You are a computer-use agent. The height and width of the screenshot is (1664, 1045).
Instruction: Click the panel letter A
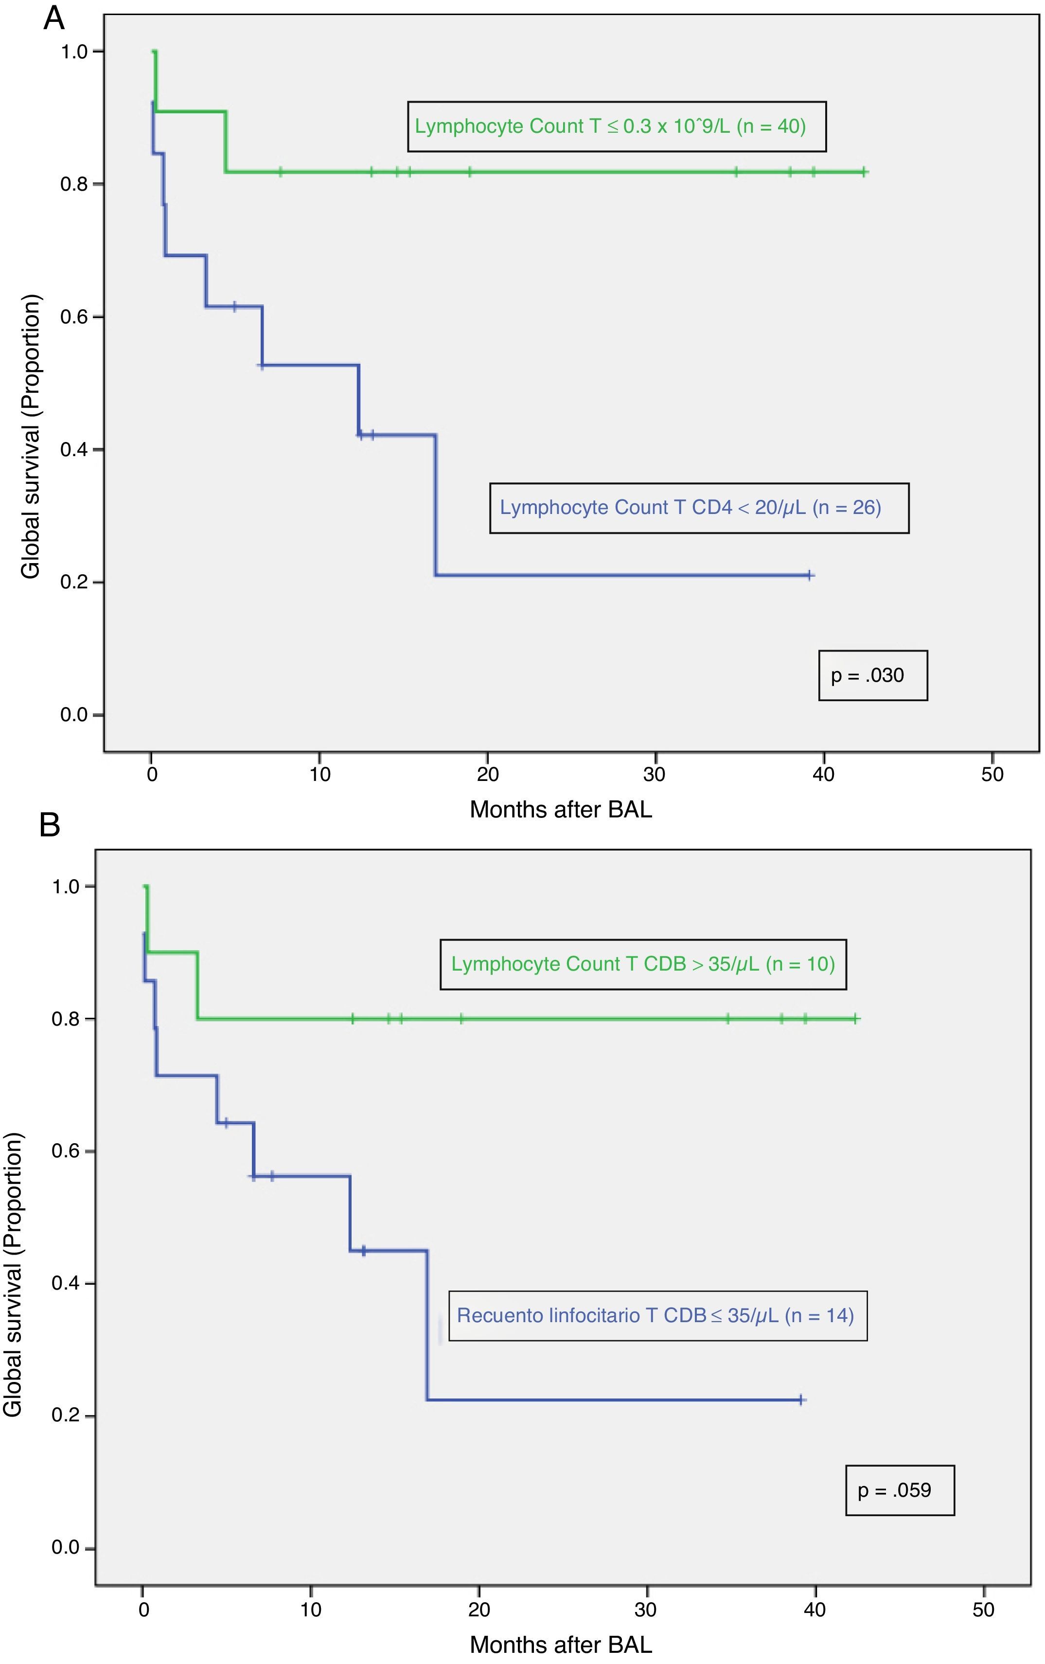[x=54, y=18]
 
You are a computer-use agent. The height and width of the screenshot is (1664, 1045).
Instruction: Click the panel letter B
[x=50, y=824]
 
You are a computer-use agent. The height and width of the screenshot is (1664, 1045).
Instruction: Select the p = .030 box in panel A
[x=872, y=675]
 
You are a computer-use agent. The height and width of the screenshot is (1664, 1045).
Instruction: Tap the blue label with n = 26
[x=698, y=508]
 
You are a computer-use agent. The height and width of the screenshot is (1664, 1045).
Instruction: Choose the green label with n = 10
[x=643, y=964]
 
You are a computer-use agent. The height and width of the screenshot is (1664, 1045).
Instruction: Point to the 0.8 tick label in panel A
[x=75, y=184]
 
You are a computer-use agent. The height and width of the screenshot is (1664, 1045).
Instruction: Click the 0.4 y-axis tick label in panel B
[x=66, y=1284]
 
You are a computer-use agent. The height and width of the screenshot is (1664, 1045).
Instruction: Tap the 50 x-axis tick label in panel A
[x=992, y=774]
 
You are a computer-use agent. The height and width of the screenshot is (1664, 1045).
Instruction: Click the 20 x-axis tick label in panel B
[x=478, y=1610]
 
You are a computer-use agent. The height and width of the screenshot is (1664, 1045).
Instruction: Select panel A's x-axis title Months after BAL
[x=561, y=809]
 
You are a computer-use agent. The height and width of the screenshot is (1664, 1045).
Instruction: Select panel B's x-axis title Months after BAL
[x=561, y=1645]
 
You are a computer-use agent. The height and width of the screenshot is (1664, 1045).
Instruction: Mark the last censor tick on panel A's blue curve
[x=809, y=575]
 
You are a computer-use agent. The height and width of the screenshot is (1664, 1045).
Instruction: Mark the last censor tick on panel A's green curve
[x=864, y=172]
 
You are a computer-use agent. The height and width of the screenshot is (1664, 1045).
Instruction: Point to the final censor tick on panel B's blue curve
[x=800, y=1400]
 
